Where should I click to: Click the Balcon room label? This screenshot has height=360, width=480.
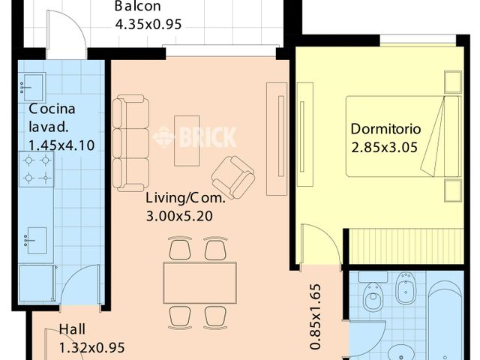tap(137, 6)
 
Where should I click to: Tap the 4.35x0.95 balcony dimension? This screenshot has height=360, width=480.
tap(148, 24)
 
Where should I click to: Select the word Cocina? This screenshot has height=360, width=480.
tap(52, 109)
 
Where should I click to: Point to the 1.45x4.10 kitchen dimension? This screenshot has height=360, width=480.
tap(61, 145)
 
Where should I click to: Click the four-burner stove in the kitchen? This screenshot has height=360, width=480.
tap(37, 169)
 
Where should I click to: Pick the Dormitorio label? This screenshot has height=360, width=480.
tap(385, 129)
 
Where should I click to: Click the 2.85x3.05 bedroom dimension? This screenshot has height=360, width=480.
tap(384, 148)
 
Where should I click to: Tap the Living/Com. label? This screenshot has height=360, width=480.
tap(185, 198)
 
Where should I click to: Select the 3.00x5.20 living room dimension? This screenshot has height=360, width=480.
tap(179, 217)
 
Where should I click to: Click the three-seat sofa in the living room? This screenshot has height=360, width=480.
tap(130, 143)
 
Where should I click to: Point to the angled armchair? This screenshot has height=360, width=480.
tap(233, 177)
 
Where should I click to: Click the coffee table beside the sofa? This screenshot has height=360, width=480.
tap(187, 141)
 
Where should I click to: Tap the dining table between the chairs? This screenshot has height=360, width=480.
tap(200, 283)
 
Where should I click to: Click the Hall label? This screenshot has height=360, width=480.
tap(72, 329)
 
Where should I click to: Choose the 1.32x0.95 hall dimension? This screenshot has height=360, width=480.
tap(91, 348)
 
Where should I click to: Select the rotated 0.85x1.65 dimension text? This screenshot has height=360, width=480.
tap(316, 316)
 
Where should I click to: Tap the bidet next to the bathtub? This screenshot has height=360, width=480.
tap(406, 285)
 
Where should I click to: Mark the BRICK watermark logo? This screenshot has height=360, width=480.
tap(195, 137)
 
